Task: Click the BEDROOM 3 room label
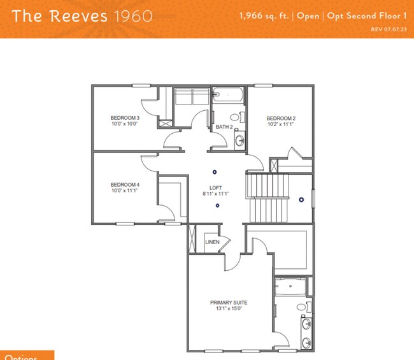click(125, 118)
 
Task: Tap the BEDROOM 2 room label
click(281, 119)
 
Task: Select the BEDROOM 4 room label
click(125, 185)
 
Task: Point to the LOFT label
click(216, 187)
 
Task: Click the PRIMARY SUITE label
click(229, 303)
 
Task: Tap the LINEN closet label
click(212, 242)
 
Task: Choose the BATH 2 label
click(224, 127)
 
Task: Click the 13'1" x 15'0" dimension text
click(229, 309)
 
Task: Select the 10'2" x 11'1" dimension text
click(281, 125)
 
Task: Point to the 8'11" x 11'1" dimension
click(216, 194)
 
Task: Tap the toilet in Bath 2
click(241, 117)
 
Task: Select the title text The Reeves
click(61, 15)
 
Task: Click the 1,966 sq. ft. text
click(264, 15)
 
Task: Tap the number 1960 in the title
click(132, 15)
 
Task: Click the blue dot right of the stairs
click(301, 199)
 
